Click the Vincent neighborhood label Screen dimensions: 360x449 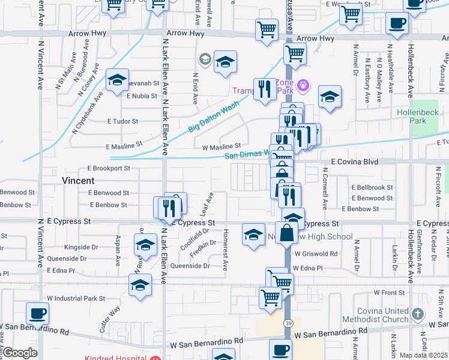[78, 180]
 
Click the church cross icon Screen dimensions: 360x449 [418, 314]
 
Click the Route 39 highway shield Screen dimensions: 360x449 [289, 323]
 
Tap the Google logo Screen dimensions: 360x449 [20, 353]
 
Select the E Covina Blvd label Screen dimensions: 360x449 [355, 162]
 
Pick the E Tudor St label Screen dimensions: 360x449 [122, 121]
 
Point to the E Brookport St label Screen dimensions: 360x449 [109, 169]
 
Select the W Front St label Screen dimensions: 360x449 [385, 293]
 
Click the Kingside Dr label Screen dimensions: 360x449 [81, 247]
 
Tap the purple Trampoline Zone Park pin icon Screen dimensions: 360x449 [303, 85]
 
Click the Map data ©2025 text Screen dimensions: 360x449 [423, 355]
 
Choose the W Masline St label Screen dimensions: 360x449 [221, 146]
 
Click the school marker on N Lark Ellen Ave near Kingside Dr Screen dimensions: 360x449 [145, 245]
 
